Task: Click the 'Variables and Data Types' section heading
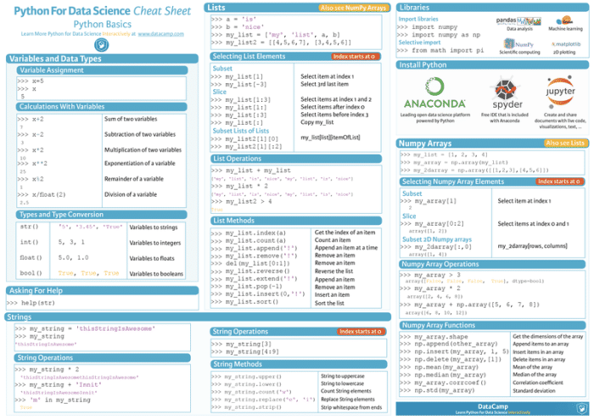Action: click(55, 59)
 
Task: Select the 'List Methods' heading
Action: click(236, 220)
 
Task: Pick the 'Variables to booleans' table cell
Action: click(156, 274)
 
